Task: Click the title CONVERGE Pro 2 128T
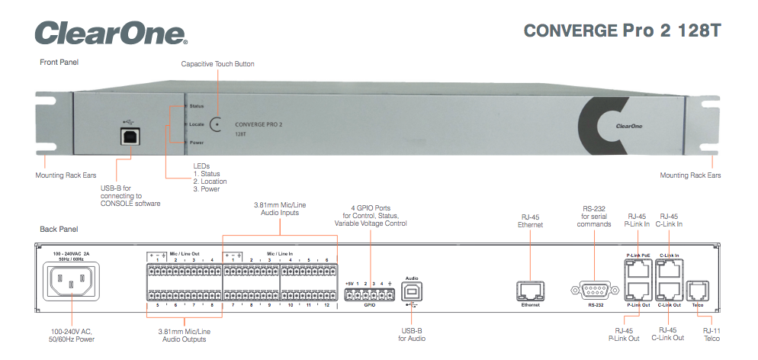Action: [621, 31]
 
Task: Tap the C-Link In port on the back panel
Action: [669, 267]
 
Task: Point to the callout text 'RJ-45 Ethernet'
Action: [531, 221]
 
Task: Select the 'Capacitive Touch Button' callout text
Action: [217, 64]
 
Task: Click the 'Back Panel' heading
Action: [59, 229]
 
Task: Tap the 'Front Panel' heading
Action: [59, 62]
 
